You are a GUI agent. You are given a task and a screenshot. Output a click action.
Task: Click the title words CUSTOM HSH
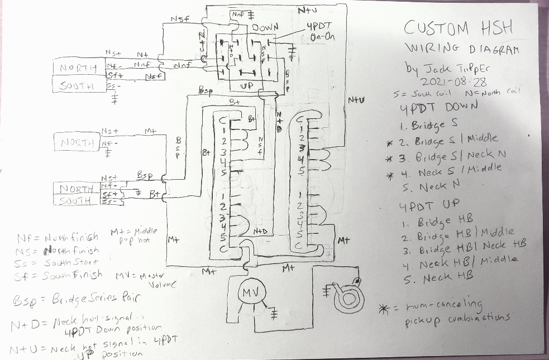coord(459,28)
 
